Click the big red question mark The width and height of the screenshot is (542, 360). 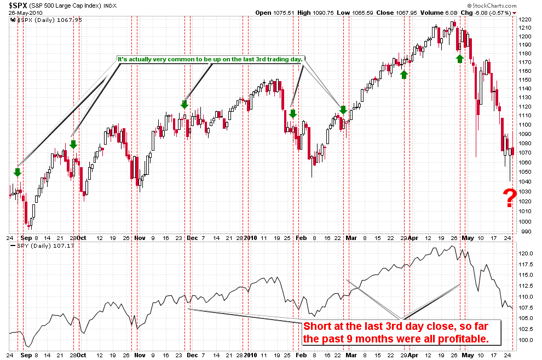pyautogui.click(x=510, y=198)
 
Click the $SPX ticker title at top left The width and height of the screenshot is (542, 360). pyautogui.click(x=18, y=5)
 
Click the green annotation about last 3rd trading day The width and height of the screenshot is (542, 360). pyautogui.click(x=210, y=59)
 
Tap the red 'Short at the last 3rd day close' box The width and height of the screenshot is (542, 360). pyautogui.click(x=402, y=333)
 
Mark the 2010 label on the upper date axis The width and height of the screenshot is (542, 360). pyautogui.click(x=250, y=238)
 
